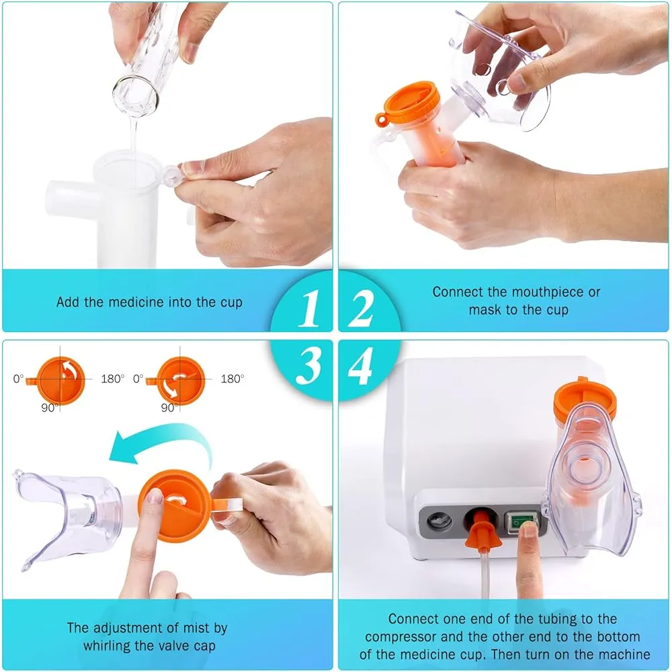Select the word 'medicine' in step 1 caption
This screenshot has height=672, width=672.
coord(135,302)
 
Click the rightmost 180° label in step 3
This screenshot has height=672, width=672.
coord(231,379)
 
